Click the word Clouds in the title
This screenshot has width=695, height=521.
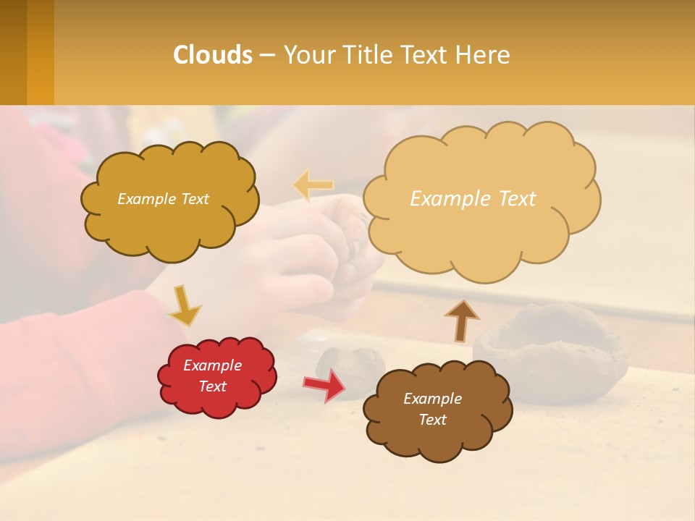[x=213, y=55]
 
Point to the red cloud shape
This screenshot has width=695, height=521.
[x=217, y=376]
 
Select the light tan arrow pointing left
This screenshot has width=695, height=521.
[x=313, y=185]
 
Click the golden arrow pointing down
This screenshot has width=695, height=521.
[x=184, y=305]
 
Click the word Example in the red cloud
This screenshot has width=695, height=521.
[x=212, y=365]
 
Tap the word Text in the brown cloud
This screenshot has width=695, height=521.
[x=432, y=420]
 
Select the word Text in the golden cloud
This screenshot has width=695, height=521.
[x=193, y=199]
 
